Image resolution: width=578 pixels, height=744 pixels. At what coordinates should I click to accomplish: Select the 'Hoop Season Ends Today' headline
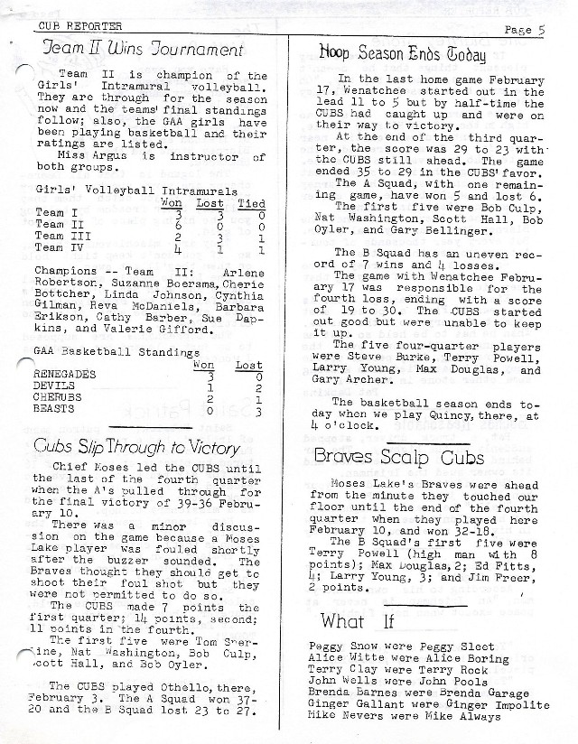(403, 54)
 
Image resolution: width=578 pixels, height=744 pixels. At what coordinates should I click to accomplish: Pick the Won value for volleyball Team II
(178, 224)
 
